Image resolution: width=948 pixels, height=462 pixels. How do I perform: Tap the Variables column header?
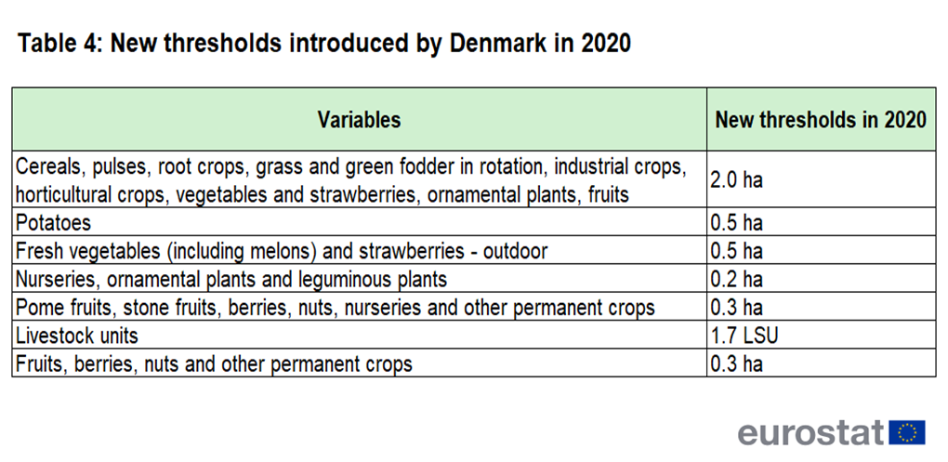[x=359, y=120]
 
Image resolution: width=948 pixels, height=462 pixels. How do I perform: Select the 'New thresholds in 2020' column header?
[x=821, y=120]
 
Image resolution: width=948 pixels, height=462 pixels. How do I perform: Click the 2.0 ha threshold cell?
[x=736, y=180]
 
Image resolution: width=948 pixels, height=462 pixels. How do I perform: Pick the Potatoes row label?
[x=53, y=222]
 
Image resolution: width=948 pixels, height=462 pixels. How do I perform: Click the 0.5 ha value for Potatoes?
[x=736, y=222]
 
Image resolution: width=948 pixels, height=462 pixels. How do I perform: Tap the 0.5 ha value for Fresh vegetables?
[x=736, y=251]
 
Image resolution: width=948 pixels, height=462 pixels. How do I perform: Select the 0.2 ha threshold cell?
[x=736, y=280]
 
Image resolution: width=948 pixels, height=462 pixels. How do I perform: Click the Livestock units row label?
[x=77, y=336]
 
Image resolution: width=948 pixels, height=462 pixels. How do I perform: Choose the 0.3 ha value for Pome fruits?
[x=736, y=307]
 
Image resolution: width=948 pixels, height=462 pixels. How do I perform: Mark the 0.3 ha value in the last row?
[x=736, y=364]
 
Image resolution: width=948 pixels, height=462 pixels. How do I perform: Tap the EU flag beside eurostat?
[x=907, y=432]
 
